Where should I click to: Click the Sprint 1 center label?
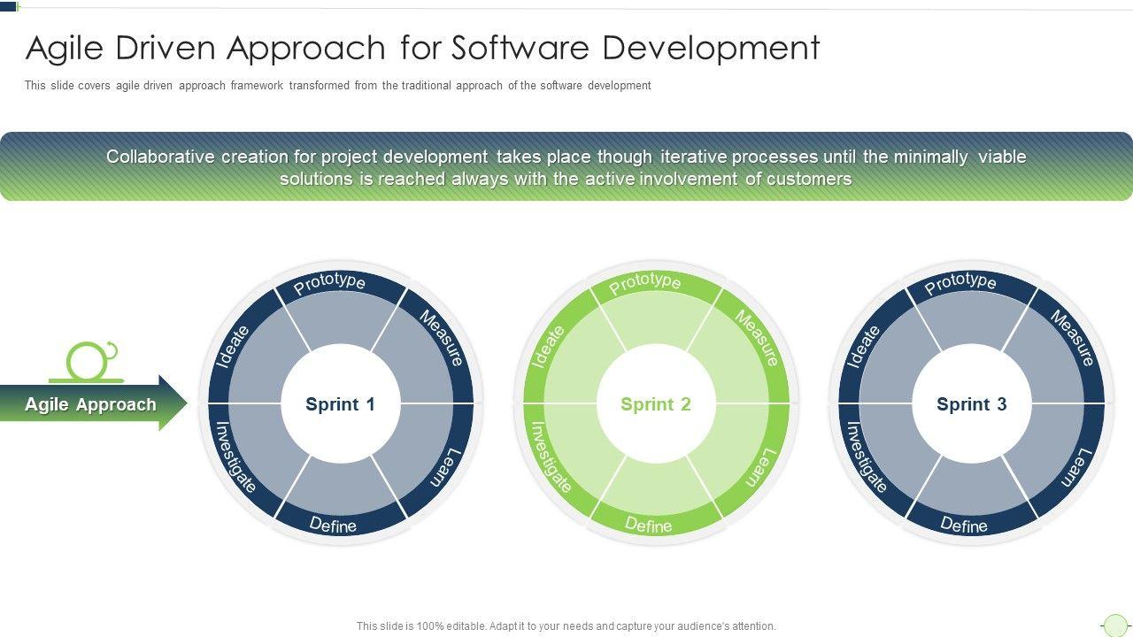[x=340, y=404]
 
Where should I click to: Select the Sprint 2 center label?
[x=655, y=404]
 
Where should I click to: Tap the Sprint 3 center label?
[x=971, y=404]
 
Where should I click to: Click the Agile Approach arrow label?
[x=90, y=404]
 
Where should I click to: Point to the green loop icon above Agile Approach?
[x=90, y=360]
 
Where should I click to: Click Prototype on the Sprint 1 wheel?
[x=329, y=283]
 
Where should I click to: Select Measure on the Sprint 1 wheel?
[x=442, y=337]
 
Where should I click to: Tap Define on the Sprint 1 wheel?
[x=333, y=526]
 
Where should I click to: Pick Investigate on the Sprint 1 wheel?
[x=235, y=457]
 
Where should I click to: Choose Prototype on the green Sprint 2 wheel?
[x=645, y=282]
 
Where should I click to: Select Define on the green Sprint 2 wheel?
[x=649, y=526]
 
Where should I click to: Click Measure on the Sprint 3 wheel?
[x=1073, y=337]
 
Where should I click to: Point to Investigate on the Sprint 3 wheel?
[x=867, y=457]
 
